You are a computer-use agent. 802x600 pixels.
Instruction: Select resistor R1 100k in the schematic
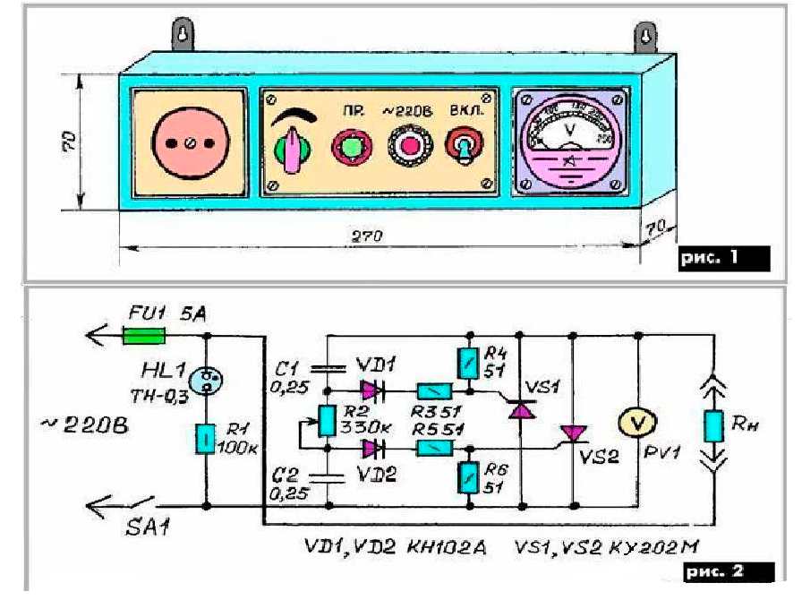(207, 440)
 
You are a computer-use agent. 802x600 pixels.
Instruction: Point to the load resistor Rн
(713, 426)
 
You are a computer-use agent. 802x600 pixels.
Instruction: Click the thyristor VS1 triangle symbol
(520, 409)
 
